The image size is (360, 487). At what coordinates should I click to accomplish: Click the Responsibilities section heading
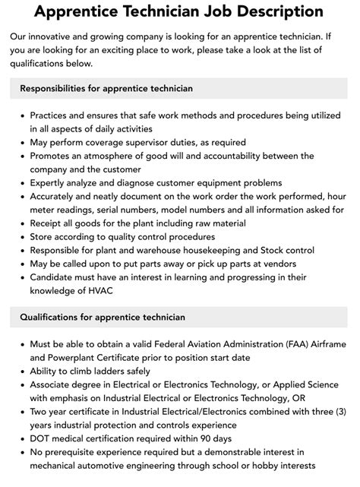[106, 88]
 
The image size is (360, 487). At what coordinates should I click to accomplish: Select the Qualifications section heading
[103, 316]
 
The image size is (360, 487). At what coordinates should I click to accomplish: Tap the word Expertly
[50, 183]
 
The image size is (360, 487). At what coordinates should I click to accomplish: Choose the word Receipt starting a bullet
[47, 224]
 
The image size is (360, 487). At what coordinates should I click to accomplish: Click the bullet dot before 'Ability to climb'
[21, 372]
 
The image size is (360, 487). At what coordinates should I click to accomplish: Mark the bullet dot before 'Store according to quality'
[21, 238]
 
